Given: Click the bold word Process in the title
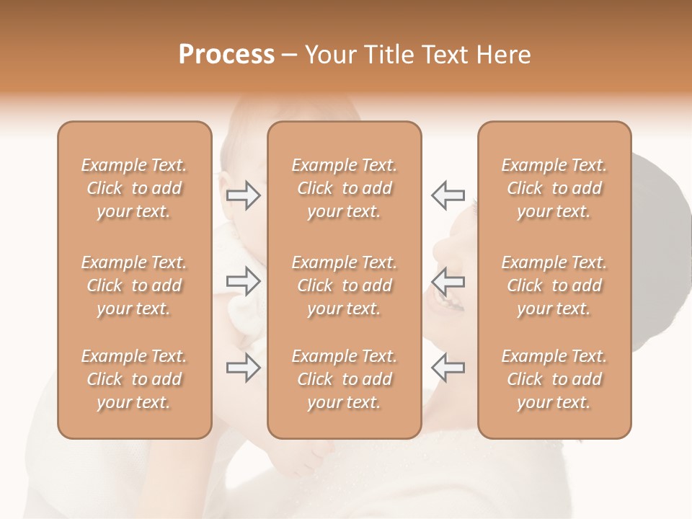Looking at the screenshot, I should [226, 55].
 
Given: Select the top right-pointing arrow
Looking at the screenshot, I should [244, 195].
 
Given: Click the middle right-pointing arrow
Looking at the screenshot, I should [244, 281].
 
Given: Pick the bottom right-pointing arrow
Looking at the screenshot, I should [244, 368].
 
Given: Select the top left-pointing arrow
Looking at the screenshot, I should [448, 195].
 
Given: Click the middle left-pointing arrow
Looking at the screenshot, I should [448, 281].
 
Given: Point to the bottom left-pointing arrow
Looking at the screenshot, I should [448, 368].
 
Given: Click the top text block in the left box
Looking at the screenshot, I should [134, 188].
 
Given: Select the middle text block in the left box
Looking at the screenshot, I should [134, 285].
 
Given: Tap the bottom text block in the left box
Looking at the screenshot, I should [134, 379].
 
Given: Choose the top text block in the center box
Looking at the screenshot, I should [345, 188].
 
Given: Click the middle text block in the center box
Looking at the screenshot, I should [345, 285].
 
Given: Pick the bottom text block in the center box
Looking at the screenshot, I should [345, 379].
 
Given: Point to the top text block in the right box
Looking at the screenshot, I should [554, 188].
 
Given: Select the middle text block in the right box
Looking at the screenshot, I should [554, 285].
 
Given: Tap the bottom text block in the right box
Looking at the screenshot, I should [554, 379].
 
